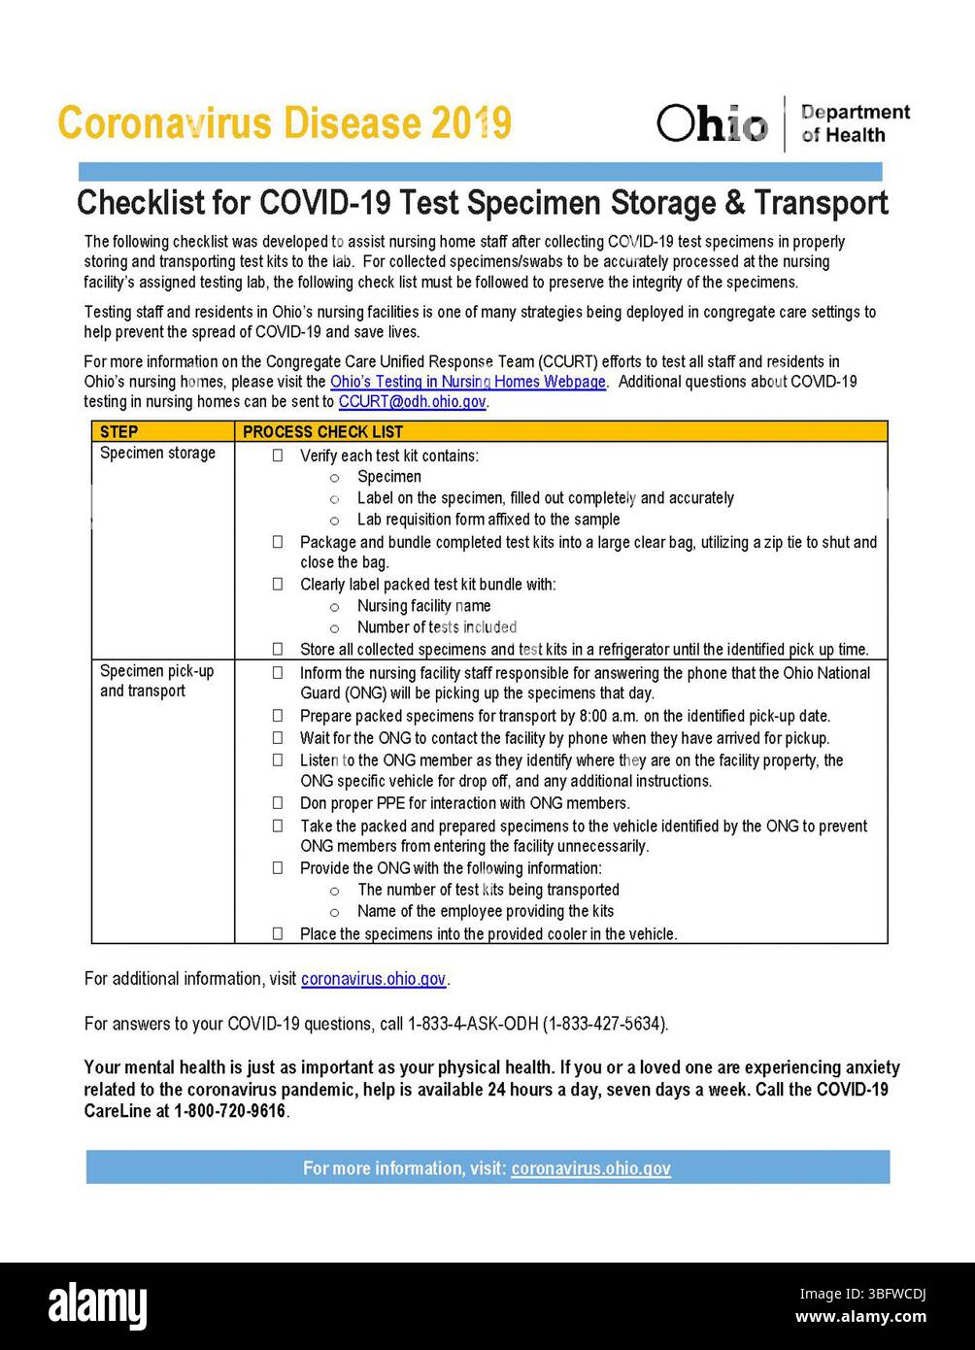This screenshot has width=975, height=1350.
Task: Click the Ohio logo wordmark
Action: click(712, 123)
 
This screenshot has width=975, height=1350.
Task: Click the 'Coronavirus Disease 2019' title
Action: click(284, 123)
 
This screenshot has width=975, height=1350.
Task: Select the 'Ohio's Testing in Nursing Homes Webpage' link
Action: click(467, 382)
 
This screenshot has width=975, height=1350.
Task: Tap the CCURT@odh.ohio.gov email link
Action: click(412, 402)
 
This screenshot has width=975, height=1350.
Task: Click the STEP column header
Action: click(119, 431)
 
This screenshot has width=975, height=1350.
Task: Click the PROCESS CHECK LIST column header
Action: click(322, 431)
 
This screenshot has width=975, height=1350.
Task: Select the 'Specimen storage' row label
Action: click(157, 453)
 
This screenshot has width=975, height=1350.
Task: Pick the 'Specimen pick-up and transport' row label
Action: click(156, 681)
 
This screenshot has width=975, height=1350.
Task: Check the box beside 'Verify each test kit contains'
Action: click(278, 456)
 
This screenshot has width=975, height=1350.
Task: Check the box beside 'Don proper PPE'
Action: click(278, 803)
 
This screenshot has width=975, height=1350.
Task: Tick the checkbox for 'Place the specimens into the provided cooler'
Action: click(278, 933)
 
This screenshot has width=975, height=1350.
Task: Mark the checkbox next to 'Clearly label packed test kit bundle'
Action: click(278, 584)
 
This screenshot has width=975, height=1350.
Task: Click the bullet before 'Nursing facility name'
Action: click(334, 607)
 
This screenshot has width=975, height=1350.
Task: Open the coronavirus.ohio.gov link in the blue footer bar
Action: click(590, 1168)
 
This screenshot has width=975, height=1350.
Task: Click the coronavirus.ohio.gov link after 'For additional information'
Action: click(373, 979)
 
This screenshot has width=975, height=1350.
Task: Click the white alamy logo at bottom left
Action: click(98, 1305)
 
